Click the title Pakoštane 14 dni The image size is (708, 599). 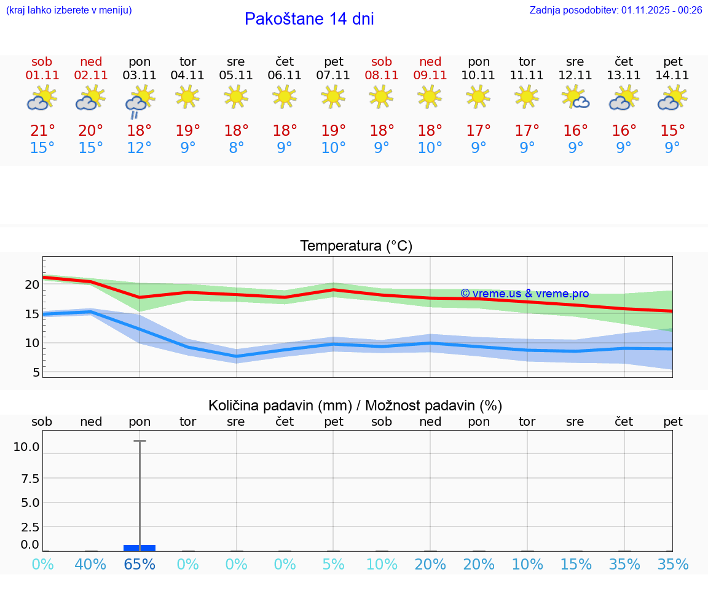[309, 19]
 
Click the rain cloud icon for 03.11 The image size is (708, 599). [140, 101]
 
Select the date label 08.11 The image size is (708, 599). [381, 76]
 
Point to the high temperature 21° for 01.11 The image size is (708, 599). [42, 131]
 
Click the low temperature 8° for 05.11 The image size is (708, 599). [236, 148]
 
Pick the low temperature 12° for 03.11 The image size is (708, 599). [140, 148]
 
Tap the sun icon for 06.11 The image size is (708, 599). [285, 96]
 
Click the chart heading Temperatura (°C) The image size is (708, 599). [356, 246]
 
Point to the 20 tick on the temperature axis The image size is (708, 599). [32, 284]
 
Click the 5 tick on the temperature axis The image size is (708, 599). [36, 372]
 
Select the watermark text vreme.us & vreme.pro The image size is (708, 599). [525, 294]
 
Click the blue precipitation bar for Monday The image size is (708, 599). [140, 547]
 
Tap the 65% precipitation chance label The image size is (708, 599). [140, 565]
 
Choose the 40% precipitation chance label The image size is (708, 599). [91, 565]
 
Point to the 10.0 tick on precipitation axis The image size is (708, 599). [26, 447]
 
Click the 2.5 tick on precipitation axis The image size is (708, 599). [29, 527]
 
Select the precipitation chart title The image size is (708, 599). [355, 405]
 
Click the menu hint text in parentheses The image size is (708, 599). [69, 10]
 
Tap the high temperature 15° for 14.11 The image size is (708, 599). [673, 131]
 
